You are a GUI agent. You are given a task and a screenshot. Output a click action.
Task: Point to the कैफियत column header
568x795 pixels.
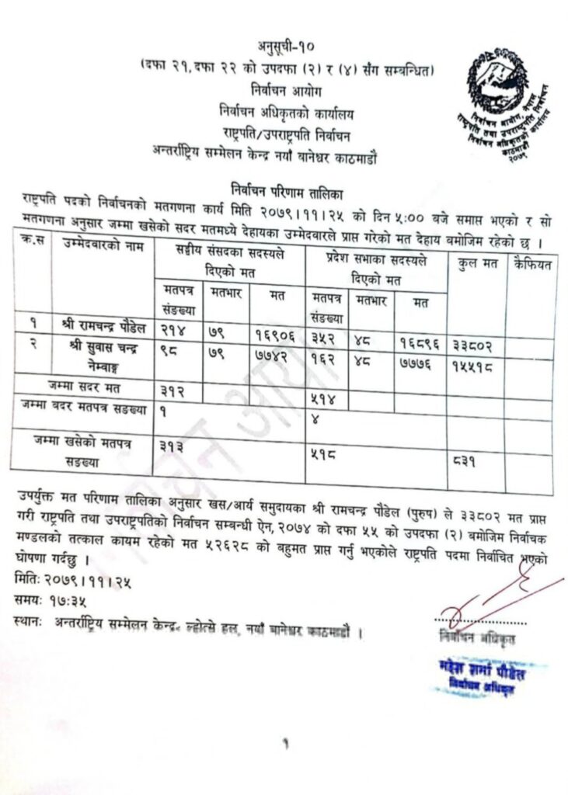point(531,265)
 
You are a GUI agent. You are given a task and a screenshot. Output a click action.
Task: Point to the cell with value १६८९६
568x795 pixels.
point(420,340)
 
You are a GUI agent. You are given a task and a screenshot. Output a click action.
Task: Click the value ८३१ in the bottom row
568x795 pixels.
point(467,461)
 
